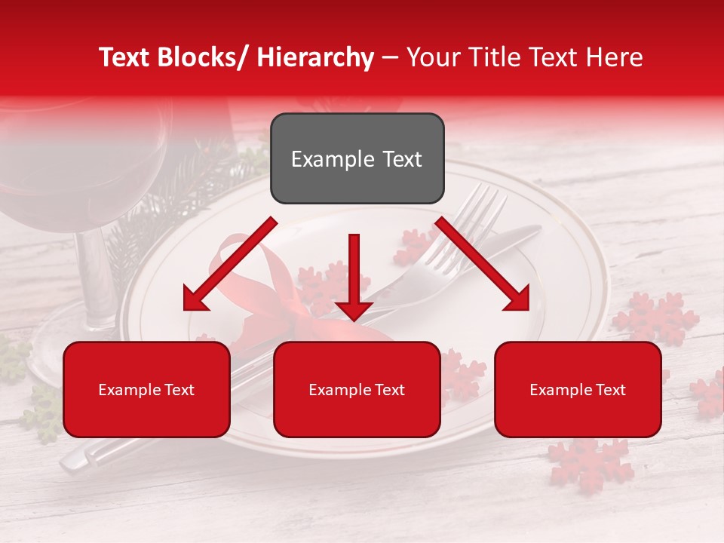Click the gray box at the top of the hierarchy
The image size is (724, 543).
(357, 158)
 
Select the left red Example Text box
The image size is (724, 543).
(146, 389)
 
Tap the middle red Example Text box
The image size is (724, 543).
(357, 389)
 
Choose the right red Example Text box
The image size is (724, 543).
(578, 389)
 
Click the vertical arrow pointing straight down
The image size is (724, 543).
(354, 275)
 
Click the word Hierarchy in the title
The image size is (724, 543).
(315, 57)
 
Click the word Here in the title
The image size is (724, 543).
(614, 57)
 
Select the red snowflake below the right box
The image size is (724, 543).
(589, 460)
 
